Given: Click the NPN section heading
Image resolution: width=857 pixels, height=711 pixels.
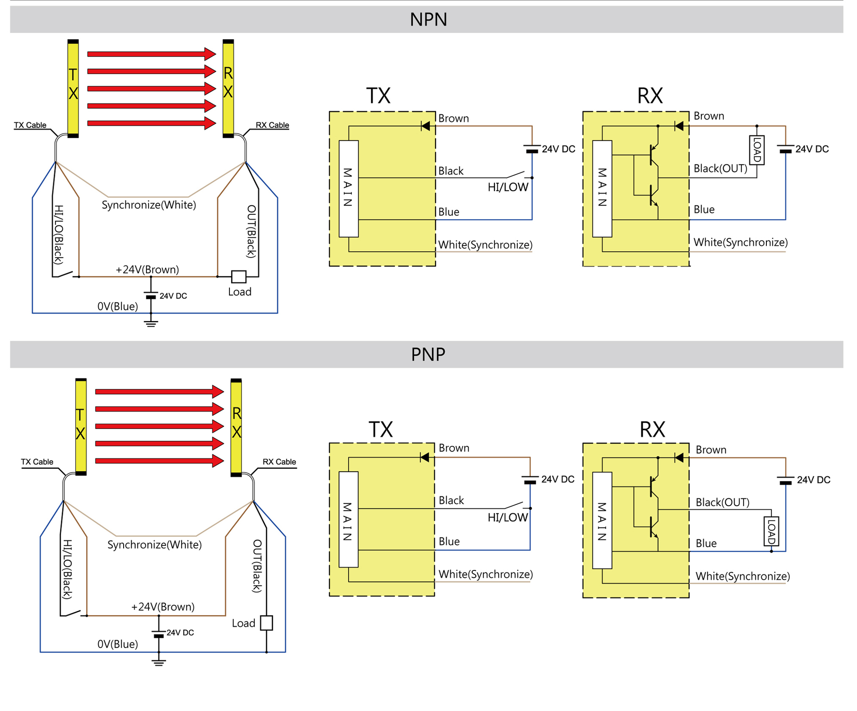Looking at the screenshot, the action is [x=428, y=20].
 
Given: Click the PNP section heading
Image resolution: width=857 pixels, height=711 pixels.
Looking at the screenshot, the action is [x=428, y=354].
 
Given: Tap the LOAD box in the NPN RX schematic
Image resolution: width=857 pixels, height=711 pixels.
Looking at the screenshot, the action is [x=757, y=150].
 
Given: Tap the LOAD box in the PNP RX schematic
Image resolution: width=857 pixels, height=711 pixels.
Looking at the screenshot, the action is [x=771, y=531].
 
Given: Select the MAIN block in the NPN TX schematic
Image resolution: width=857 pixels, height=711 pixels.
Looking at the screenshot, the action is [x=349, y=188].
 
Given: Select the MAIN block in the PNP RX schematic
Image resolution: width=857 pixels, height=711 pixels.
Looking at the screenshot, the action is [x=602, y=520].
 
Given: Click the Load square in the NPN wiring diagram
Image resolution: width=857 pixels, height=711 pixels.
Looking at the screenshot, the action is [x=239, y=277].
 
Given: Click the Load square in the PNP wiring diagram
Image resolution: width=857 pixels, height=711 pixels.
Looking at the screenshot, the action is [x=266, y=623].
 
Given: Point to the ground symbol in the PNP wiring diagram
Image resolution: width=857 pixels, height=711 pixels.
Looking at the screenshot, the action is [x=158, y=662].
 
